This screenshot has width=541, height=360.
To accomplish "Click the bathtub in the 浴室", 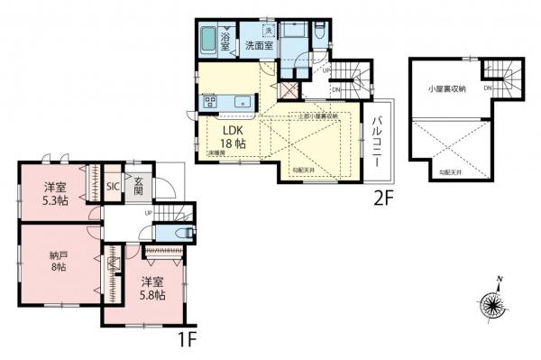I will click(206, 41).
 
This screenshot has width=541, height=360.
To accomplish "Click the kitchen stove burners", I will click(210, 101).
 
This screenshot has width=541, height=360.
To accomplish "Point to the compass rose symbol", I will click(493, 302).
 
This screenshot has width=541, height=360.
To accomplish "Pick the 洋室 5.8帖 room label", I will click(151, 289).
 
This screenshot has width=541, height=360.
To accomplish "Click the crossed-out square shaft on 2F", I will click(288, 90).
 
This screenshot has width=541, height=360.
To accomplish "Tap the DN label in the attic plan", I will click(487, 89).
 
